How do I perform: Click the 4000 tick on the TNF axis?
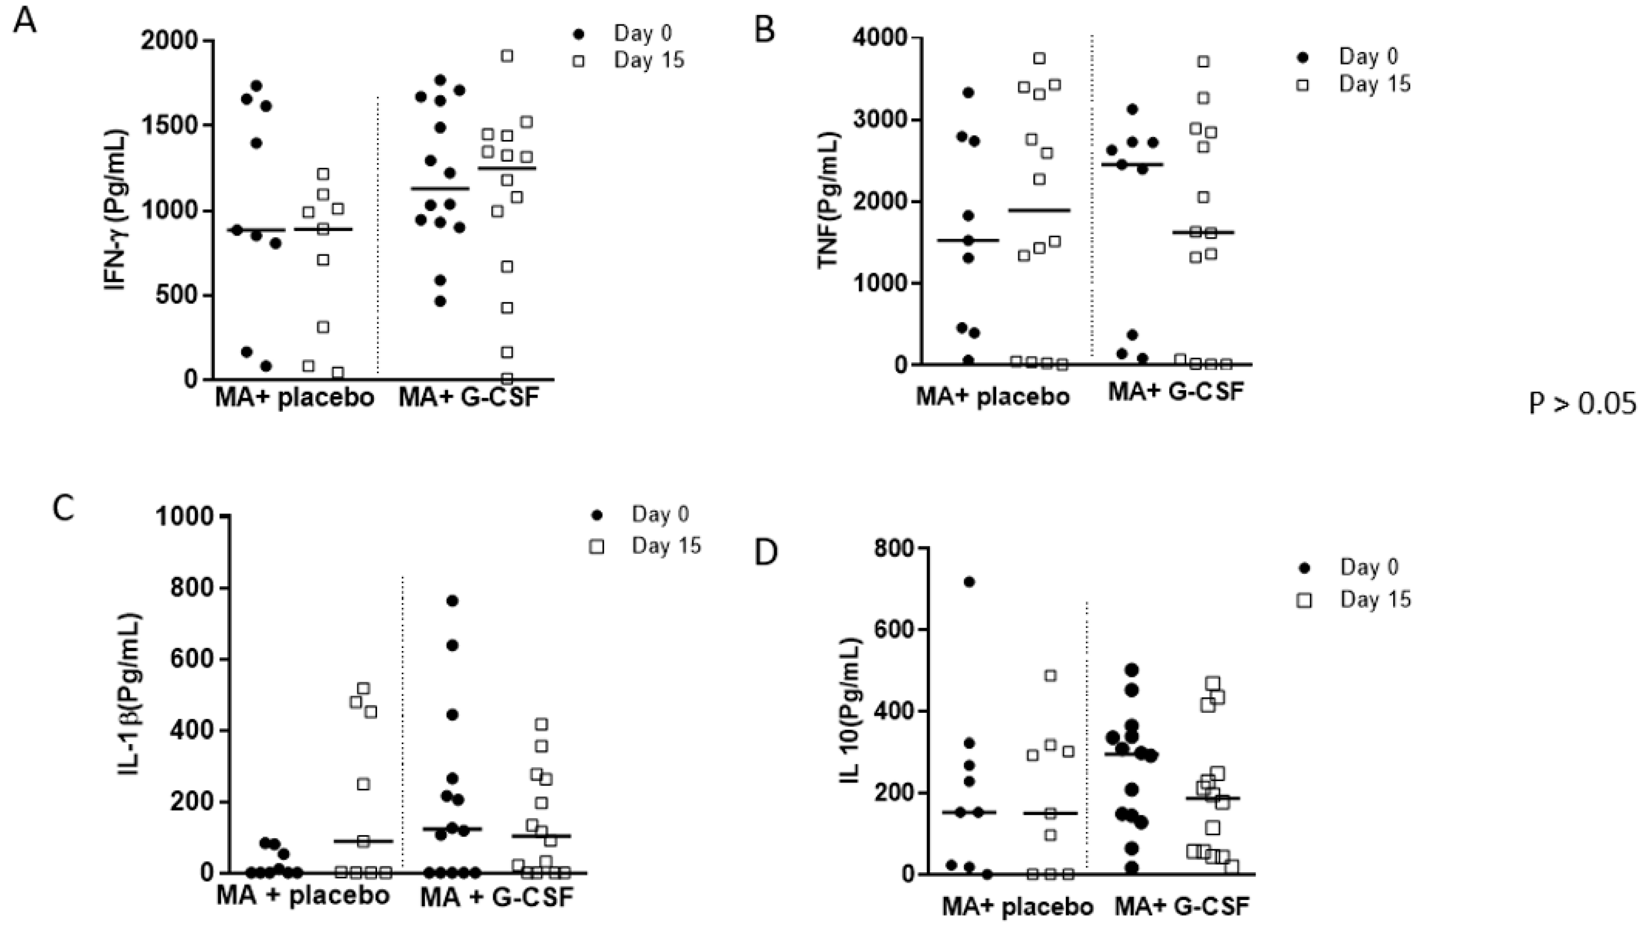tap(880, 39)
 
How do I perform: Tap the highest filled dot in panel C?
tap(453, 601)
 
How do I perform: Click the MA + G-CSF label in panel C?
tap(497, 897)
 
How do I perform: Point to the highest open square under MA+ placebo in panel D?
tap(1050, 676)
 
